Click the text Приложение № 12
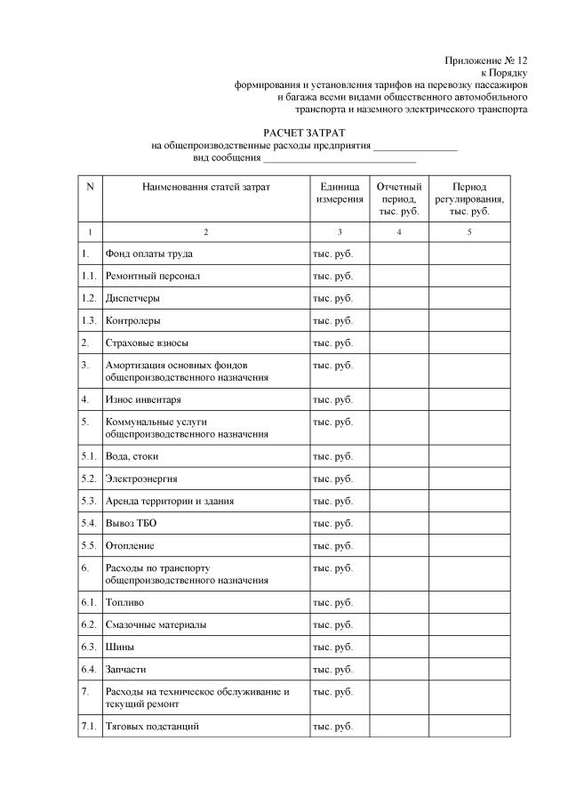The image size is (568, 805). tap(486, 60)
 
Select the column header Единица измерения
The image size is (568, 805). tap(340, 193)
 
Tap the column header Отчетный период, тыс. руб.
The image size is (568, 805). tap(399, 199)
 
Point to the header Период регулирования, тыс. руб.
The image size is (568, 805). tap(469, 199)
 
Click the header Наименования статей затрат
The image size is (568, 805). tap(205, 187)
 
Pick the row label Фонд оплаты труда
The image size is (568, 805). tap(148, 254)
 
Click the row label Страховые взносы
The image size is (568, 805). tap(147, 342)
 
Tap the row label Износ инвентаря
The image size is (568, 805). tap(143, 399)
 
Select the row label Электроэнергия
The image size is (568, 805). tap(141, 479)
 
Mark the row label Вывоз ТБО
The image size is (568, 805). tap(131, 523)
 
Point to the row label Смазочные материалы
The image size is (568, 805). tap(156, 624)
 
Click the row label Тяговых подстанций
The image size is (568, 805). tap(152, 726)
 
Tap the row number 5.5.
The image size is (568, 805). tap(88, 545)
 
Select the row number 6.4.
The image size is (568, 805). tap(88, 669)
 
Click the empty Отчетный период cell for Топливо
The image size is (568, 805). tap(399, 602)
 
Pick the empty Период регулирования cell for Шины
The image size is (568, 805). tap(469, 647)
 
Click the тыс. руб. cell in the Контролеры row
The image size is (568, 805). tap(333, 320)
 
